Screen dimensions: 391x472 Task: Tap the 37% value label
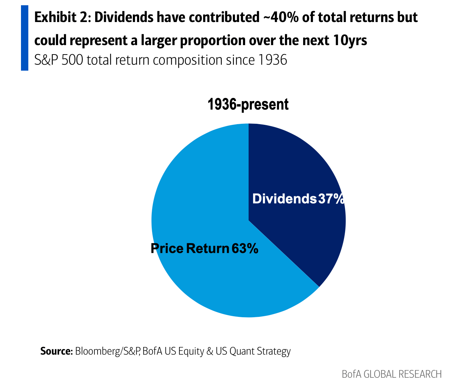coord(331,199)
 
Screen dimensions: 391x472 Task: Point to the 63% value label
coord(245,249)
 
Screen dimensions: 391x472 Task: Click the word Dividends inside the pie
coord(284,199)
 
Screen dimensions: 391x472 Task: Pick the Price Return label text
coord(189,249)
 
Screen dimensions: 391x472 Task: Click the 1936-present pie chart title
coord(248,105)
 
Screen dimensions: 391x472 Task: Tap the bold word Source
coord(56,351)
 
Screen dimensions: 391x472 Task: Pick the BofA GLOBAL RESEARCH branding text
coord(392,374)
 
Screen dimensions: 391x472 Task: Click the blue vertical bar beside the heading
coord(24,38)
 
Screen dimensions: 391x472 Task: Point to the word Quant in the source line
coord(242,351)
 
